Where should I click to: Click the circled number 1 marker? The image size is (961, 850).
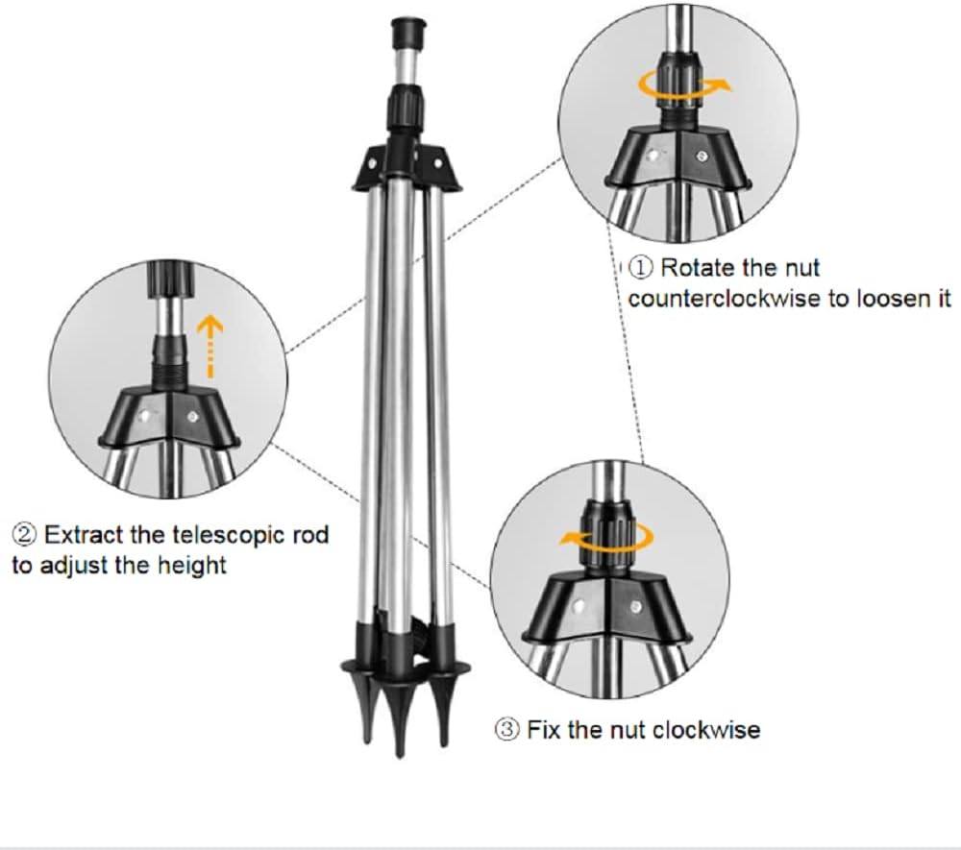pos(641,267)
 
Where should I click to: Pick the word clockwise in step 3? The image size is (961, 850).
pos(706,730)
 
